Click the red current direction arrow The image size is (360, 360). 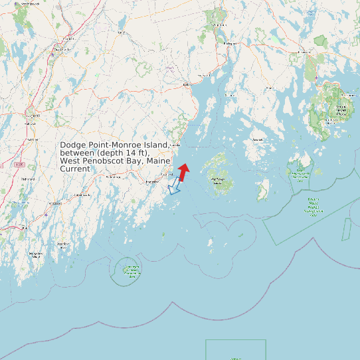pos(183,172)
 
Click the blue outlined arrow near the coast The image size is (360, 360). pos(173,187)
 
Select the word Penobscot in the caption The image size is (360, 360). pos(104,161)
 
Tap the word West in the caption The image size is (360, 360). pos(70,161)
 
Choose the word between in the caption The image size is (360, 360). pos(78,153)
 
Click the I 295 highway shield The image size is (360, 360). pos(20,164)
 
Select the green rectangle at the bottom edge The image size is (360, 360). pos(236,349)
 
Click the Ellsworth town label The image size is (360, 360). pos(305,52)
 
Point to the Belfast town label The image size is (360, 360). pos(187,85)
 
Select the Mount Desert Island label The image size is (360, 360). pos(341,110)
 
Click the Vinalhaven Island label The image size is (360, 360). pos(217,179)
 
